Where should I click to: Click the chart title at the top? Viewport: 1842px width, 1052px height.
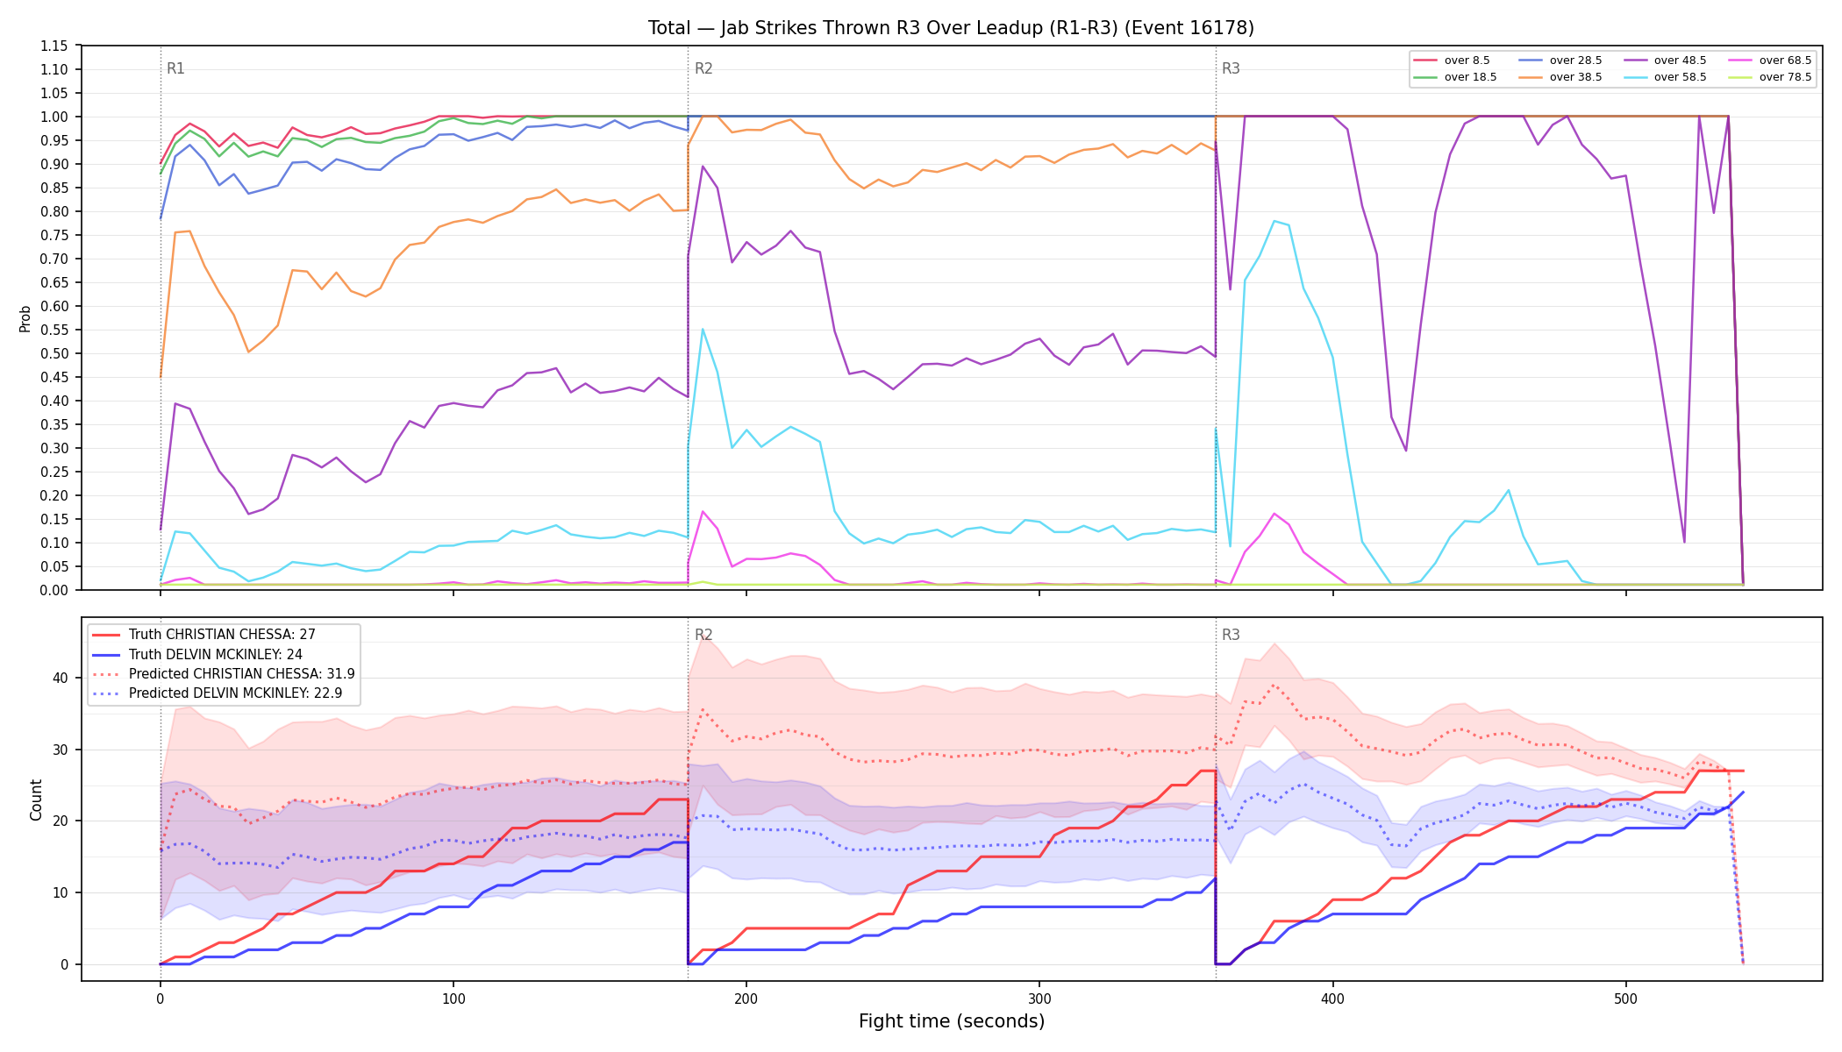click(951, 28)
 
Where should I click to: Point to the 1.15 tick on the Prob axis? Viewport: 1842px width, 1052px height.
click(54, 46)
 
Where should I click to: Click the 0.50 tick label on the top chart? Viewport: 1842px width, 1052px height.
click(54, 353)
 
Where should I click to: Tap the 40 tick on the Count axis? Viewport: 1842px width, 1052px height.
click(61, 678)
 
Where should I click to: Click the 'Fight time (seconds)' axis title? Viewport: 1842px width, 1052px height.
click(952, 1021)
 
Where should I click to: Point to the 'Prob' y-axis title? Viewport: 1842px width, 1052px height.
click(25, 318)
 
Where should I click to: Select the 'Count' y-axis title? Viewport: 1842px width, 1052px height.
click(36, 800)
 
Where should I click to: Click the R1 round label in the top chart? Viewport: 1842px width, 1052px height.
click(175, 68)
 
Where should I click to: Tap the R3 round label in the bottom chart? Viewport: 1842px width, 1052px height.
click(1231, 635)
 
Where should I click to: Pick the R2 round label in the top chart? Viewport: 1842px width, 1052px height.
click(703, 68)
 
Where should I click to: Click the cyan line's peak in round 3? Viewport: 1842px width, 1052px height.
click(1274, 221)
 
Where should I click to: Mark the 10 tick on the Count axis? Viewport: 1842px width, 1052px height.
click(61, 892)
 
